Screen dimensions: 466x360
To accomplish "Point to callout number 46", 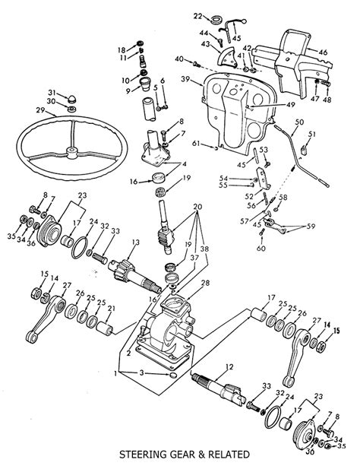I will (x=323, y=52).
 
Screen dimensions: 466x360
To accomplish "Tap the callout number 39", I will (x=185, y=79).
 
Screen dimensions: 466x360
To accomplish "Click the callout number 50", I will (x=298, y=122).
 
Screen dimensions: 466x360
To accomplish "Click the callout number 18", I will (x=122, y=49).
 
